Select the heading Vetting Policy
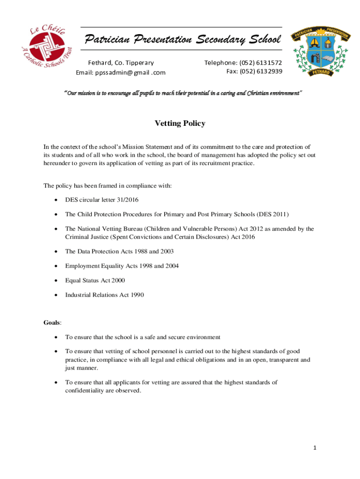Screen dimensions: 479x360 pos(180,123)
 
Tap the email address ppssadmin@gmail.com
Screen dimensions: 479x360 pos(121,73)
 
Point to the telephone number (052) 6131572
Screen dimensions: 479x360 pos(261,63)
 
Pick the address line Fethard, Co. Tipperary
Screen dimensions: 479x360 pos(121,63)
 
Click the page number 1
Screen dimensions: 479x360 pos(315,448)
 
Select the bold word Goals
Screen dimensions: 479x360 pos(52,323)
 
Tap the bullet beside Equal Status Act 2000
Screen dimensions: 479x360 pos(56,281)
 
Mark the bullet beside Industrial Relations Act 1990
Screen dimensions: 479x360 pos(56,295)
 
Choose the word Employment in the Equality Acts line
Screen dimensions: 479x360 pos(82,266)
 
